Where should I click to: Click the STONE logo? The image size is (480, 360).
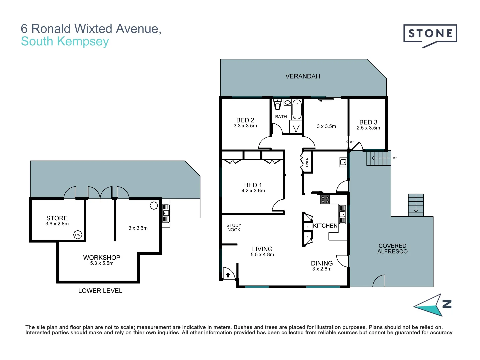[x=430, y=34]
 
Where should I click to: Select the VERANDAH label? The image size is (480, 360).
[x=303, y=76]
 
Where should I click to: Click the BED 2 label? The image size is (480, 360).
[x=245, y=120]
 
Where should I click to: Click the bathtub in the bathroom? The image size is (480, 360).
[x=297, y=109]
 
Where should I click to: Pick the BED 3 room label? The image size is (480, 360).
[x=368, y=122]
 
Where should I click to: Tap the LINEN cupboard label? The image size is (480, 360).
[x=307, y=162]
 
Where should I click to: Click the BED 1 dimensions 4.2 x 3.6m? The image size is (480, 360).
[x=253, y=191]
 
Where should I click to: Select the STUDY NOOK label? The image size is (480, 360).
[x=234, y=228]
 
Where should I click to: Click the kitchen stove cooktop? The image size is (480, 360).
[x=325, y=199]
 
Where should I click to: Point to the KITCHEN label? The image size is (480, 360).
[x=325, y=226]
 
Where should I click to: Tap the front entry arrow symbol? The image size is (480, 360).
[x=228, y=275]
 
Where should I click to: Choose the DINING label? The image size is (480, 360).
[x=322, y=263]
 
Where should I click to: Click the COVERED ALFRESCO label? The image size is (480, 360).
[x=392, y=249]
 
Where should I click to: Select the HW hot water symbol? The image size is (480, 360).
[x=78, y=235]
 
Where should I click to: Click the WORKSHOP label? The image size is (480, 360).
[x=102, y=257]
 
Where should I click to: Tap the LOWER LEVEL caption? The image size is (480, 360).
[x=100, y=291]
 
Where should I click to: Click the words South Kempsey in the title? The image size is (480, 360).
[x=65, y=41]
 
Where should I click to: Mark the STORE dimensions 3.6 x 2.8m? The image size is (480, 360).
[x=57, y=224]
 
